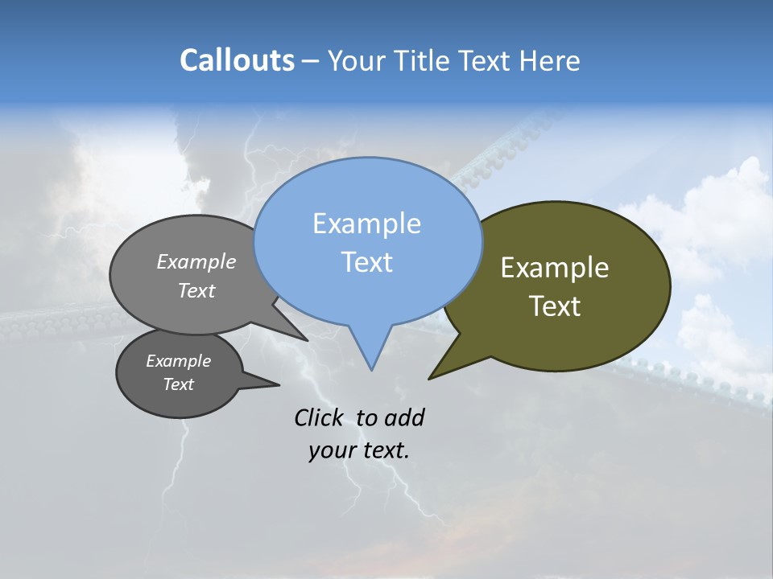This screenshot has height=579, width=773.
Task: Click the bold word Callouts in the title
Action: [237, 60]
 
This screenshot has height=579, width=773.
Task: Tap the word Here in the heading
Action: [551, 61]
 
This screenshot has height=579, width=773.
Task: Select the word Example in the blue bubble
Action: [366, 224]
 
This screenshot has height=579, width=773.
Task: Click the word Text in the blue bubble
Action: [366, 262]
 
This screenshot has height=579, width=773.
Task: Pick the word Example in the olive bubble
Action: [555, 268]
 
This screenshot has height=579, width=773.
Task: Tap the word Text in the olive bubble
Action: [555, 306]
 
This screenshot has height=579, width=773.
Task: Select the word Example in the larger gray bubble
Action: [196, 262]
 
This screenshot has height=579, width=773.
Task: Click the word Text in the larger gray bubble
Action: [196, 290]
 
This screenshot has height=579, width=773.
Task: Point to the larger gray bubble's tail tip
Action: [306, 339]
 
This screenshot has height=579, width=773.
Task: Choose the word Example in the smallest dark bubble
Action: [178, 361]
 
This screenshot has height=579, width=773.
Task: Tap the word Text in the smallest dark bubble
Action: [178, 384]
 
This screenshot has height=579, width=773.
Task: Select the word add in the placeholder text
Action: [403, 417]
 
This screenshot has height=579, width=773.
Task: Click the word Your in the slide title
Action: [355, 61]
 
